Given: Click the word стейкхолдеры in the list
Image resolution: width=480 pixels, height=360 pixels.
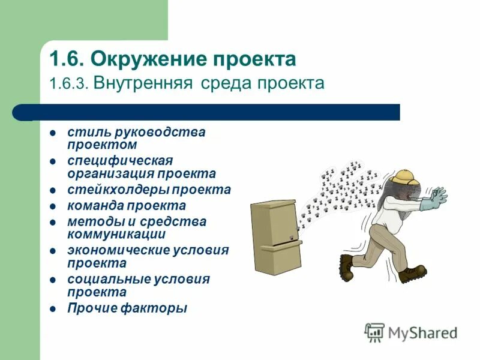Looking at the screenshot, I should (118, 190).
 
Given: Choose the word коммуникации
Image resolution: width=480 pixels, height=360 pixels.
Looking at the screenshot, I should (116, 234).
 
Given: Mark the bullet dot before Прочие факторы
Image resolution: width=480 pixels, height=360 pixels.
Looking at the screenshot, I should (53, 309).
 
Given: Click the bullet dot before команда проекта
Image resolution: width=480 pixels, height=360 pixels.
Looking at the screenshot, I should (53, 206).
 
